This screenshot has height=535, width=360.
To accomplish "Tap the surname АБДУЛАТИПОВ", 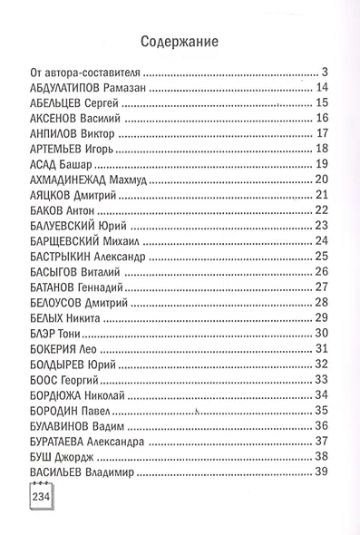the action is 63,88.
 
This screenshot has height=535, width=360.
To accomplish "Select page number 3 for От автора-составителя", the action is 323,72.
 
